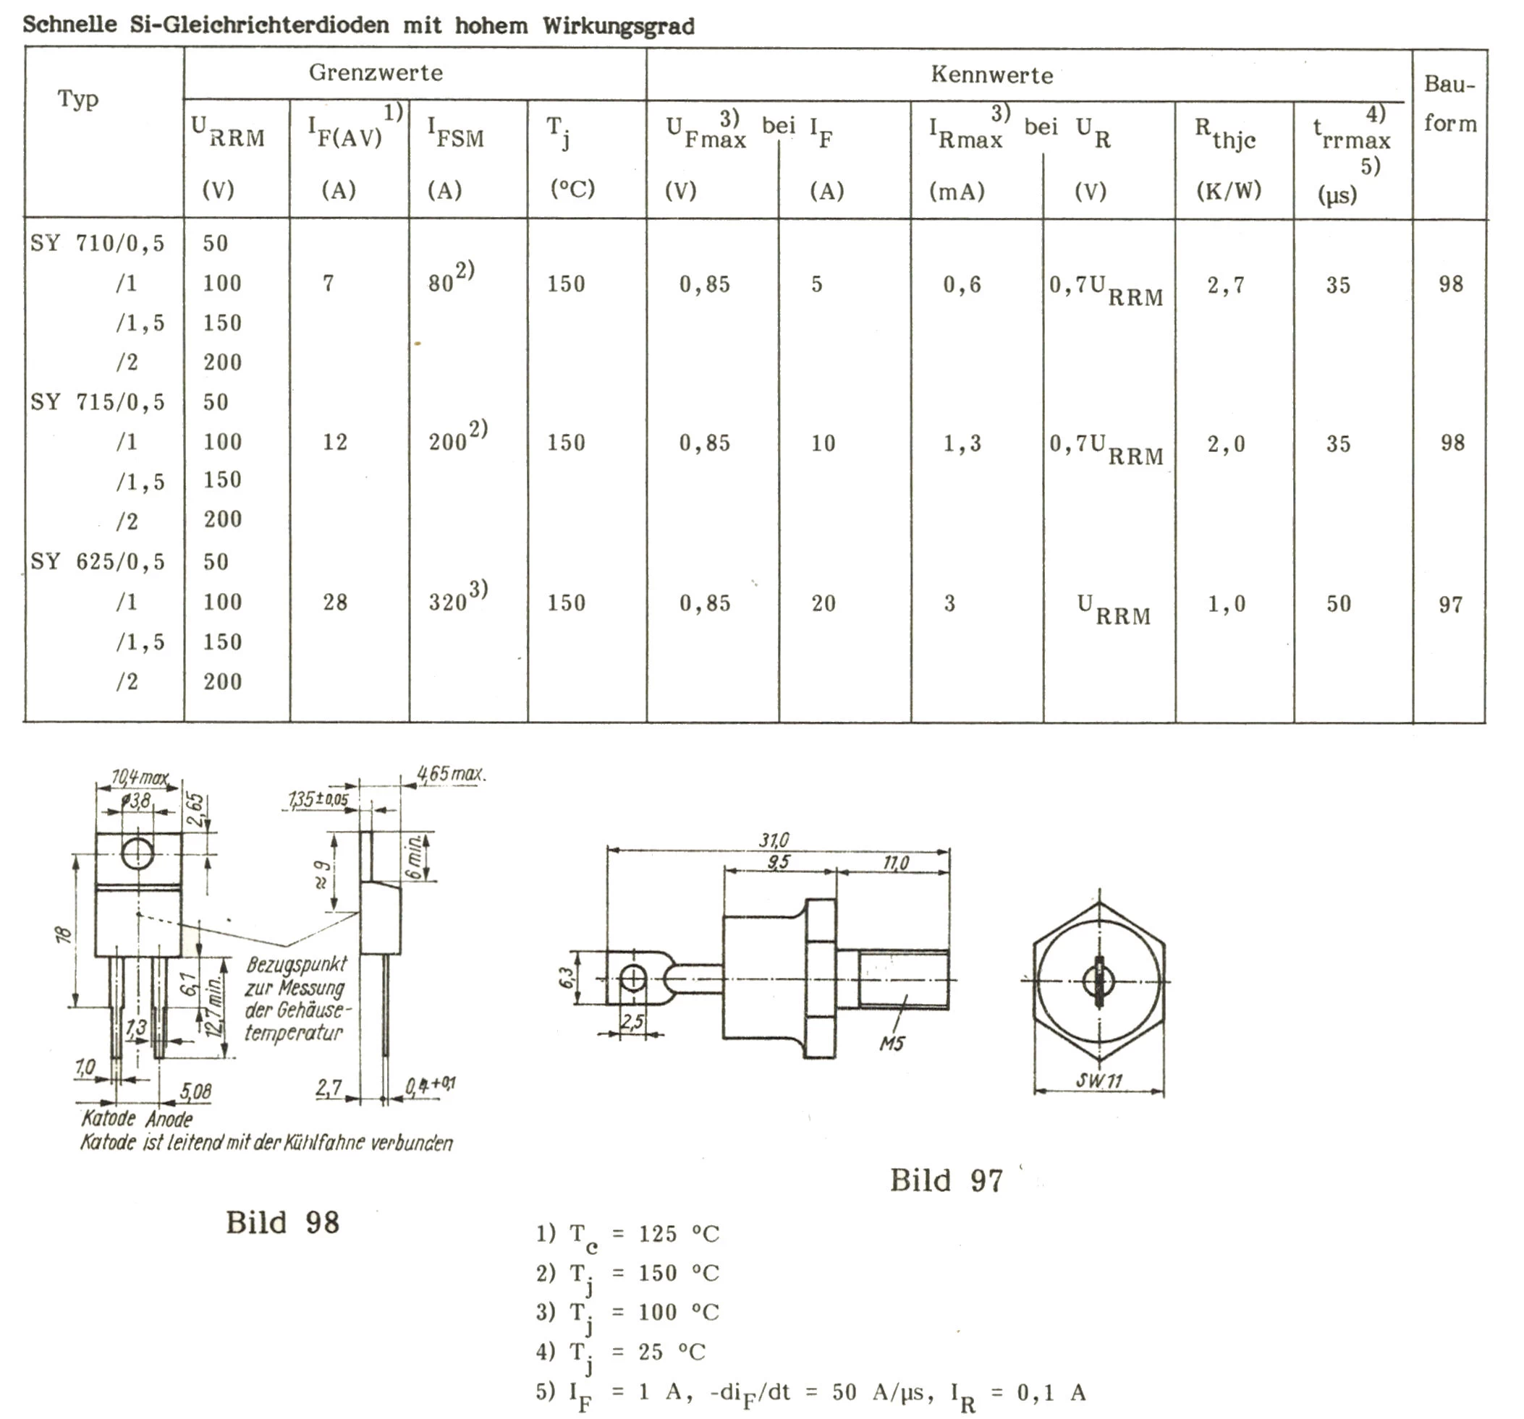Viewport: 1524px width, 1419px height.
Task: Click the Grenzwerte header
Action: pyautogui.click(x=376, y=73)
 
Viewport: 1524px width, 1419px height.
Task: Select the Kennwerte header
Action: pyautogui.click(x=992, y=75)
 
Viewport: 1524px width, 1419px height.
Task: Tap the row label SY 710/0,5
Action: pyautogui.click(x=98, y=244)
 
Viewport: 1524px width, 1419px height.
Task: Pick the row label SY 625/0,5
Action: pyautogui.click(x=98, y=562)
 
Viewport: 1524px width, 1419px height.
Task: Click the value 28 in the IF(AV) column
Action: pyautogui.click(x=335, y=602)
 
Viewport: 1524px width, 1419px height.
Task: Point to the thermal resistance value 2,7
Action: pyautogui.click(x=1226, y=286)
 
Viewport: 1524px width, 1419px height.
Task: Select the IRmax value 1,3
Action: pyautogui.click(x=961, y=443)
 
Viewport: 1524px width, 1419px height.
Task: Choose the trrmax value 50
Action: pyautogui.click(x=1339, y=604)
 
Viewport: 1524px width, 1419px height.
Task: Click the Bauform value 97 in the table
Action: pyautogui.click(x=1450, y=605)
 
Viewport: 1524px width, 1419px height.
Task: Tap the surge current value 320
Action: pyautogui.click(x=448, y=602)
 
